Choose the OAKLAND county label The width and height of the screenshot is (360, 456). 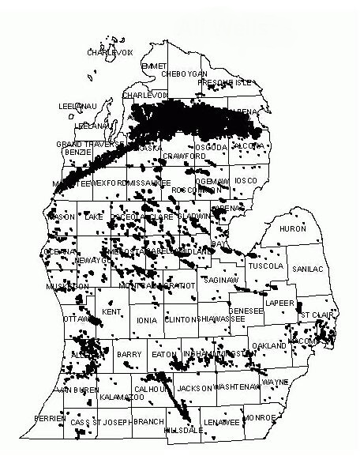pos(270,346)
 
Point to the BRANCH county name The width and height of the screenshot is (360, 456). pos(148,422)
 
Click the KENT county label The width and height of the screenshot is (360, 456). pos(111,313)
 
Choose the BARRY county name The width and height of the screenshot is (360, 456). pos(129,355)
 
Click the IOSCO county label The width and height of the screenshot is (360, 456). pos(246,181)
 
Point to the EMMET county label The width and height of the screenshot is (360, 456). pos(156,65)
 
